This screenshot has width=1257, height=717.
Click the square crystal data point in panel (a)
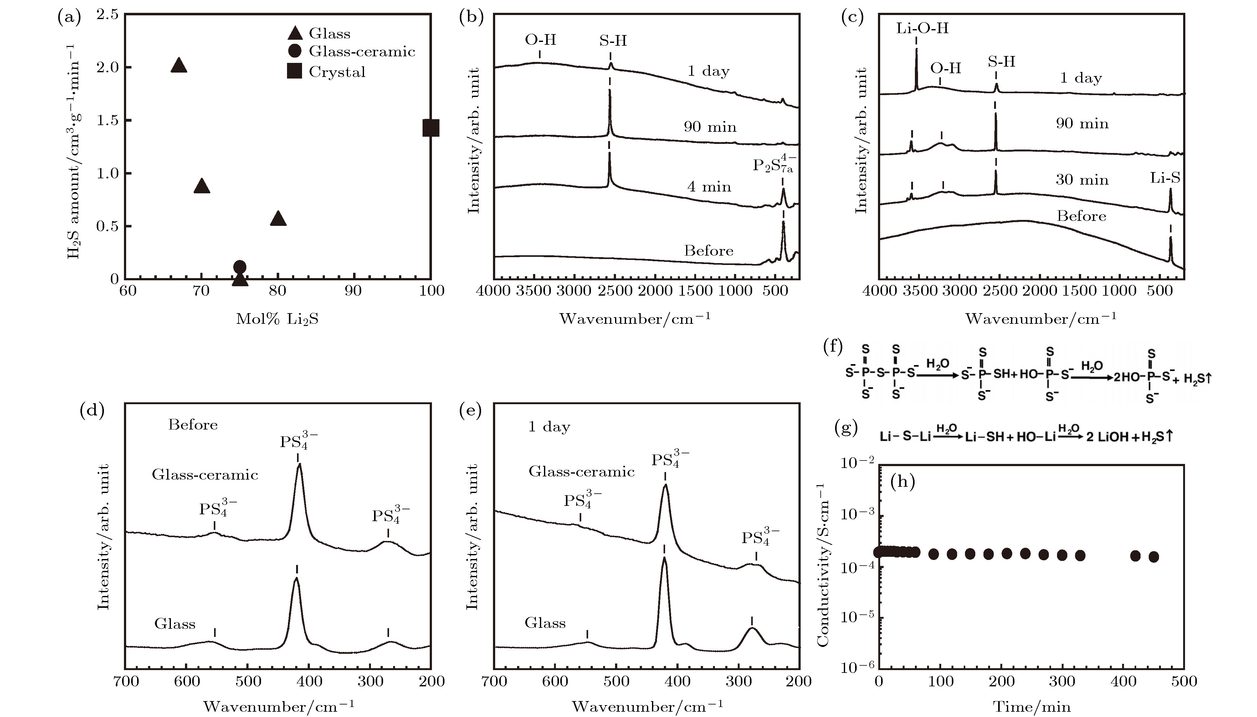point(430,128)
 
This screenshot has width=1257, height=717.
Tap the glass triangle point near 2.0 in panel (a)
point(179,65)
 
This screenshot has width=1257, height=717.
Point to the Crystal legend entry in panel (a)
point(337,72)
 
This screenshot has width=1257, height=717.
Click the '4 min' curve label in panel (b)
point(709,187)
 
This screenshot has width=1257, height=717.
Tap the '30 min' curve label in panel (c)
point(1082,180)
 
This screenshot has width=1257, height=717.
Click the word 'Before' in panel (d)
point(192,425)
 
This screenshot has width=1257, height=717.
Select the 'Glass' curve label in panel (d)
point(175,624)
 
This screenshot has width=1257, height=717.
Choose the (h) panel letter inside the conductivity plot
point(902,482)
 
